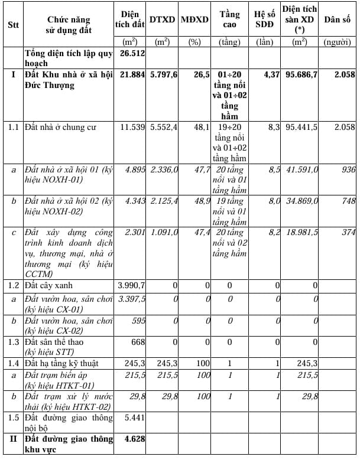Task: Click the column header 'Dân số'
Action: click(x=338, y=19)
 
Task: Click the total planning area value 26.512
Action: click(x=132, y=53)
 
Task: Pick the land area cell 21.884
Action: click(x=132, y=74)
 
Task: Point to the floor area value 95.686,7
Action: click(x=301, y=74)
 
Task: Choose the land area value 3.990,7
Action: click(x=131, y=285)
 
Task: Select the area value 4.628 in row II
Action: click(x=132, y=439)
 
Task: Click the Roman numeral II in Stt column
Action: click(x=12, y=439)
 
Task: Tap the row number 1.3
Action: click(x=13, y=342)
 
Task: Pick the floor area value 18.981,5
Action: click(x=301, y=232)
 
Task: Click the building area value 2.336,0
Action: click(x=163, y=169)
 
